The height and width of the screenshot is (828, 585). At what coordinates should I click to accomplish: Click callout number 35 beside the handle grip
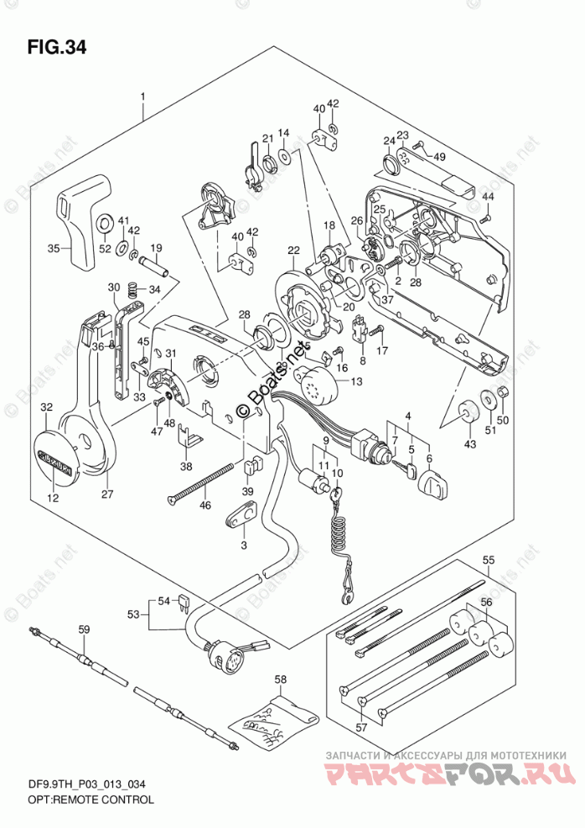(54, 248)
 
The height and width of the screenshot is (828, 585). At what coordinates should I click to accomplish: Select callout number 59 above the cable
(83, 629)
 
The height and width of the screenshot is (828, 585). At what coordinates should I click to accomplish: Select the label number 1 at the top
(143, 97)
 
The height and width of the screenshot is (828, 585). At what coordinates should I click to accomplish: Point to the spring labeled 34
(132, 291)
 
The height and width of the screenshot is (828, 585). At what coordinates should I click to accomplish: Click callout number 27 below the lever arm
(107, 494)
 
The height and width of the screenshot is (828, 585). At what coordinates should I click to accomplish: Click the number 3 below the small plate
(244, 546)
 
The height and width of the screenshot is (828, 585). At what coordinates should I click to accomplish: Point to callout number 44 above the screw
(486, 197)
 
